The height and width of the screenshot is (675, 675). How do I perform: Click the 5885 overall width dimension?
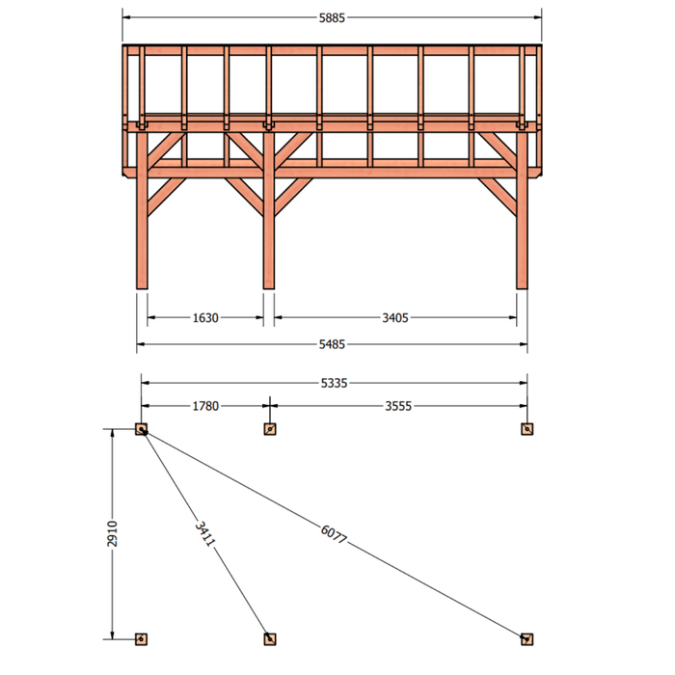pos(332,18)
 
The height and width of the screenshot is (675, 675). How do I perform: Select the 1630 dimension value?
pos(205,318)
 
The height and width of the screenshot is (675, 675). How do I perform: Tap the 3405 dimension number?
pos(395,318)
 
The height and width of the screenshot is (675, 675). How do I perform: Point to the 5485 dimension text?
pos(332,344)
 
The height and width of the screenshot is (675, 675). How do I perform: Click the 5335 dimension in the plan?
pos(334,383)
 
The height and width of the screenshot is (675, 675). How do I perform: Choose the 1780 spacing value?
pos(205,406)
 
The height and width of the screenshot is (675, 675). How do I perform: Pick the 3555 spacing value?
pos(398,406)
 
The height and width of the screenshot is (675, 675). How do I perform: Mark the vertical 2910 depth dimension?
pos(112,534)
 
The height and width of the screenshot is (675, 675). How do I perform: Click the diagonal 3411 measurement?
pos(204,534)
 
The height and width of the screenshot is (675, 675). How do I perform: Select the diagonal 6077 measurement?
pos(334,534)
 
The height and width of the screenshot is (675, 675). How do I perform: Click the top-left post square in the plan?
pos(141,429)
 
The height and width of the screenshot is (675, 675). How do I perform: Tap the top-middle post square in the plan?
pos(270,429)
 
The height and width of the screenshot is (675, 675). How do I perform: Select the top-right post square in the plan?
pos(526,429)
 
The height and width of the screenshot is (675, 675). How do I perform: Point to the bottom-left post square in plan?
pos(141,639)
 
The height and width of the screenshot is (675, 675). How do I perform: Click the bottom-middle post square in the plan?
pos(270,639)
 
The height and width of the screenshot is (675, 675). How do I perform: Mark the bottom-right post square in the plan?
pos(526,639)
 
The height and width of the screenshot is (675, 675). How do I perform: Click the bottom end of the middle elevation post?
pos(269,288)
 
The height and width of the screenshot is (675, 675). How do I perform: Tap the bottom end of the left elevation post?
pos(142,288)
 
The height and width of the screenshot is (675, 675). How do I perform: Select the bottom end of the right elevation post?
pos(522,288)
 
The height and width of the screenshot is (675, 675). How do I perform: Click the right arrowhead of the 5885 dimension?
pos(538,17)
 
